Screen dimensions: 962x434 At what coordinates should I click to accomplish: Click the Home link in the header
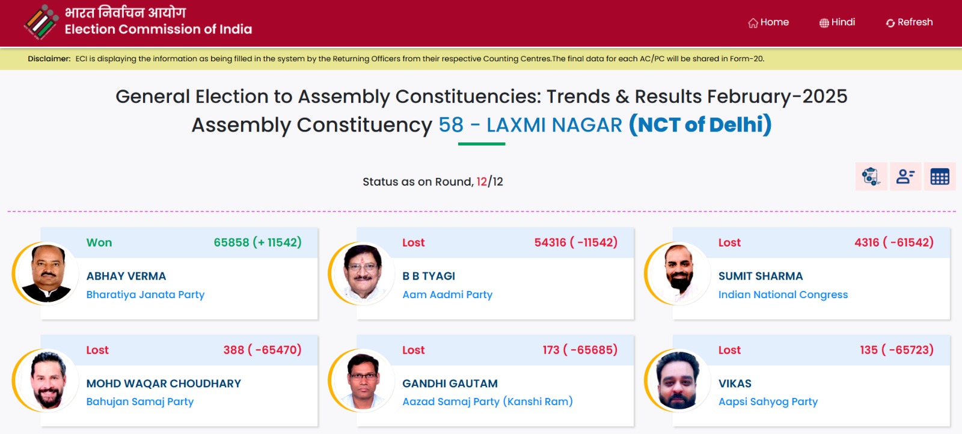coord(768,22)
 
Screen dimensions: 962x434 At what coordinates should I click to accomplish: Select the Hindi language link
coord(837,22)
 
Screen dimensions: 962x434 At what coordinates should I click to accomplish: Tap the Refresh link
coord(909,22)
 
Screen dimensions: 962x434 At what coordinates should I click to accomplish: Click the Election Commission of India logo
coord(41,22)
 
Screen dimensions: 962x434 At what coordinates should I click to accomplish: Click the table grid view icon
coord(940,177)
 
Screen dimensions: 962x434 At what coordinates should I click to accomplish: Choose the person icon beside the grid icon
coord(905,177)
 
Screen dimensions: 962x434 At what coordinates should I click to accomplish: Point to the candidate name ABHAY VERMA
coord(126,276)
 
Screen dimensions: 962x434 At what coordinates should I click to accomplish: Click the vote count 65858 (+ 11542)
coord(258,242)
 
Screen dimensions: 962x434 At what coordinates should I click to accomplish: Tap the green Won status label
coord(99,242)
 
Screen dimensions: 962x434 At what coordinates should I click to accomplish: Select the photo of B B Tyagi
coord(363,274)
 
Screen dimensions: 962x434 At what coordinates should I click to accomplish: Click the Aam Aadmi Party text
coord(447,295)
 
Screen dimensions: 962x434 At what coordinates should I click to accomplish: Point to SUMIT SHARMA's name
coord(761,276)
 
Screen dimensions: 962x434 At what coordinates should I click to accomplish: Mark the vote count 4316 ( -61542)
coord(894,242)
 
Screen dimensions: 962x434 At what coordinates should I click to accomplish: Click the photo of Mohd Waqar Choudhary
coord(47,381)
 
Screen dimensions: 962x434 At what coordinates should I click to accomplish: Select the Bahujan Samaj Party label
coord(140,402)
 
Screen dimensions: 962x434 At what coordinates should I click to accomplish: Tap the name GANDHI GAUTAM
coord(450,384)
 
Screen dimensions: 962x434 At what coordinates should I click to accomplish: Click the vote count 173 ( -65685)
coord(580,350)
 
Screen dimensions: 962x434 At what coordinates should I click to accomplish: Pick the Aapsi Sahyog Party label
coord(768,402)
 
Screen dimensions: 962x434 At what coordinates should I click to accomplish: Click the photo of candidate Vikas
coord(679,381)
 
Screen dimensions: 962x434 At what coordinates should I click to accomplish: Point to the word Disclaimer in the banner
coord(49,59)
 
